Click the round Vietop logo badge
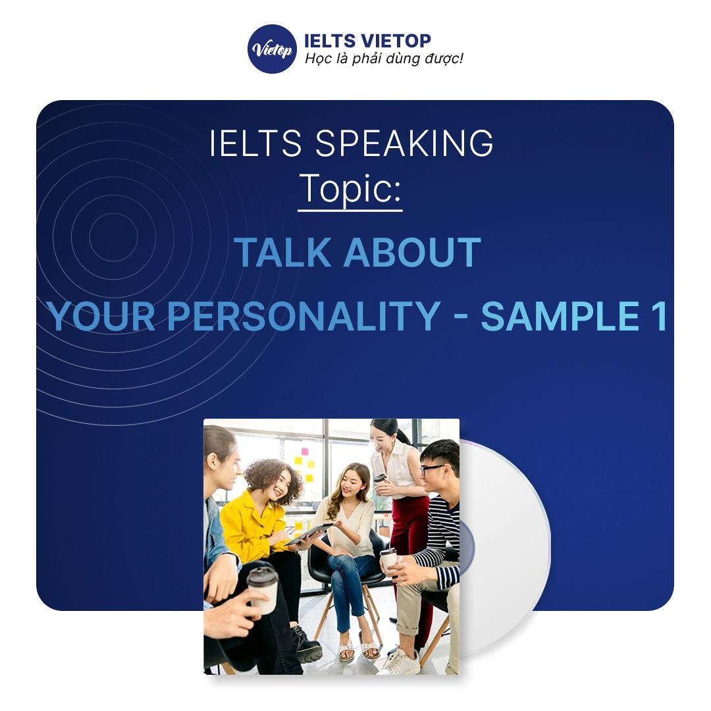(x=272, y=49)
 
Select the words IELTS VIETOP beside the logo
(x=367, y=41)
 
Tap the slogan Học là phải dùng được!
(x=384, y=59)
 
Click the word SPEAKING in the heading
(x=404, y=144)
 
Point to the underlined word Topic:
(x=350, y=188)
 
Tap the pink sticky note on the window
(x=304, y=453)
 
